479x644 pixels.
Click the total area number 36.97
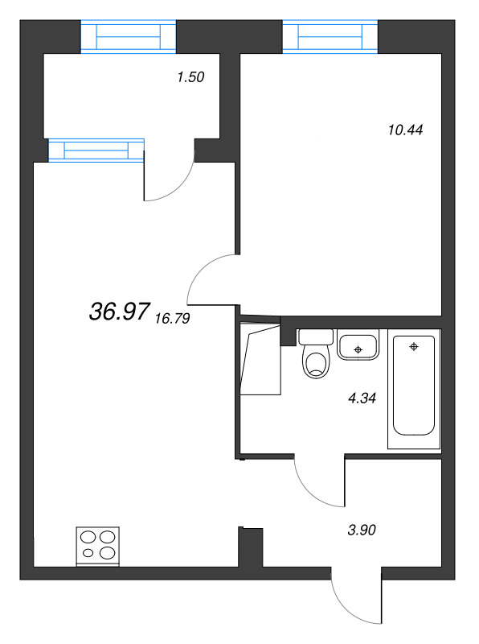coord(119,311)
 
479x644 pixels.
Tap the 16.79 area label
coord(173,318)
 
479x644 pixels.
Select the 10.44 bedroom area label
coord(405,130)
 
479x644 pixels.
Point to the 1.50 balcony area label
coord(190,77)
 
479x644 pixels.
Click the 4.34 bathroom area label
coord(362,398)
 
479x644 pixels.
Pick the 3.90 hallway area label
coord(362,530)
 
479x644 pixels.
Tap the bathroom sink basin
coord(358,348)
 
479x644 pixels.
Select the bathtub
coord(414,389)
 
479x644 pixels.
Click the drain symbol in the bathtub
coord(414,347)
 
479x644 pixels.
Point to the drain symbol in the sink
coord(358,349)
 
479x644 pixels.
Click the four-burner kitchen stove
coord(97,546)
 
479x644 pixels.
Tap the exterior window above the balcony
coord(129,36)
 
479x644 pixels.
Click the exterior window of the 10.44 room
coord(330,36)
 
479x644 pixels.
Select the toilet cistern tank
coord(316,336)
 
